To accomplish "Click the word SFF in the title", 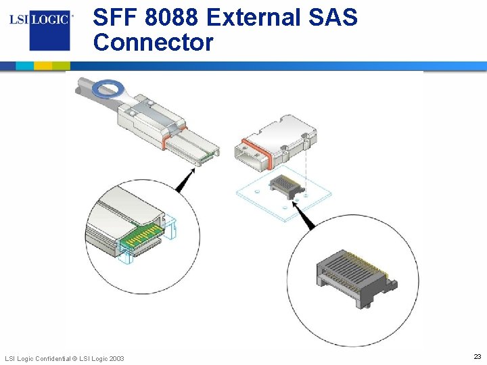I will pos(116,17).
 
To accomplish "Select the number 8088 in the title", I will pos(177,17).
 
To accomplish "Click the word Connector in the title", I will pos(153,43).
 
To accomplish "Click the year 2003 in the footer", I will pos(115,358).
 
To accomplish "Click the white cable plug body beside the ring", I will pos(152,115).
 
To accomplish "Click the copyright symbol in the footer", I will pos(74,358).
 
